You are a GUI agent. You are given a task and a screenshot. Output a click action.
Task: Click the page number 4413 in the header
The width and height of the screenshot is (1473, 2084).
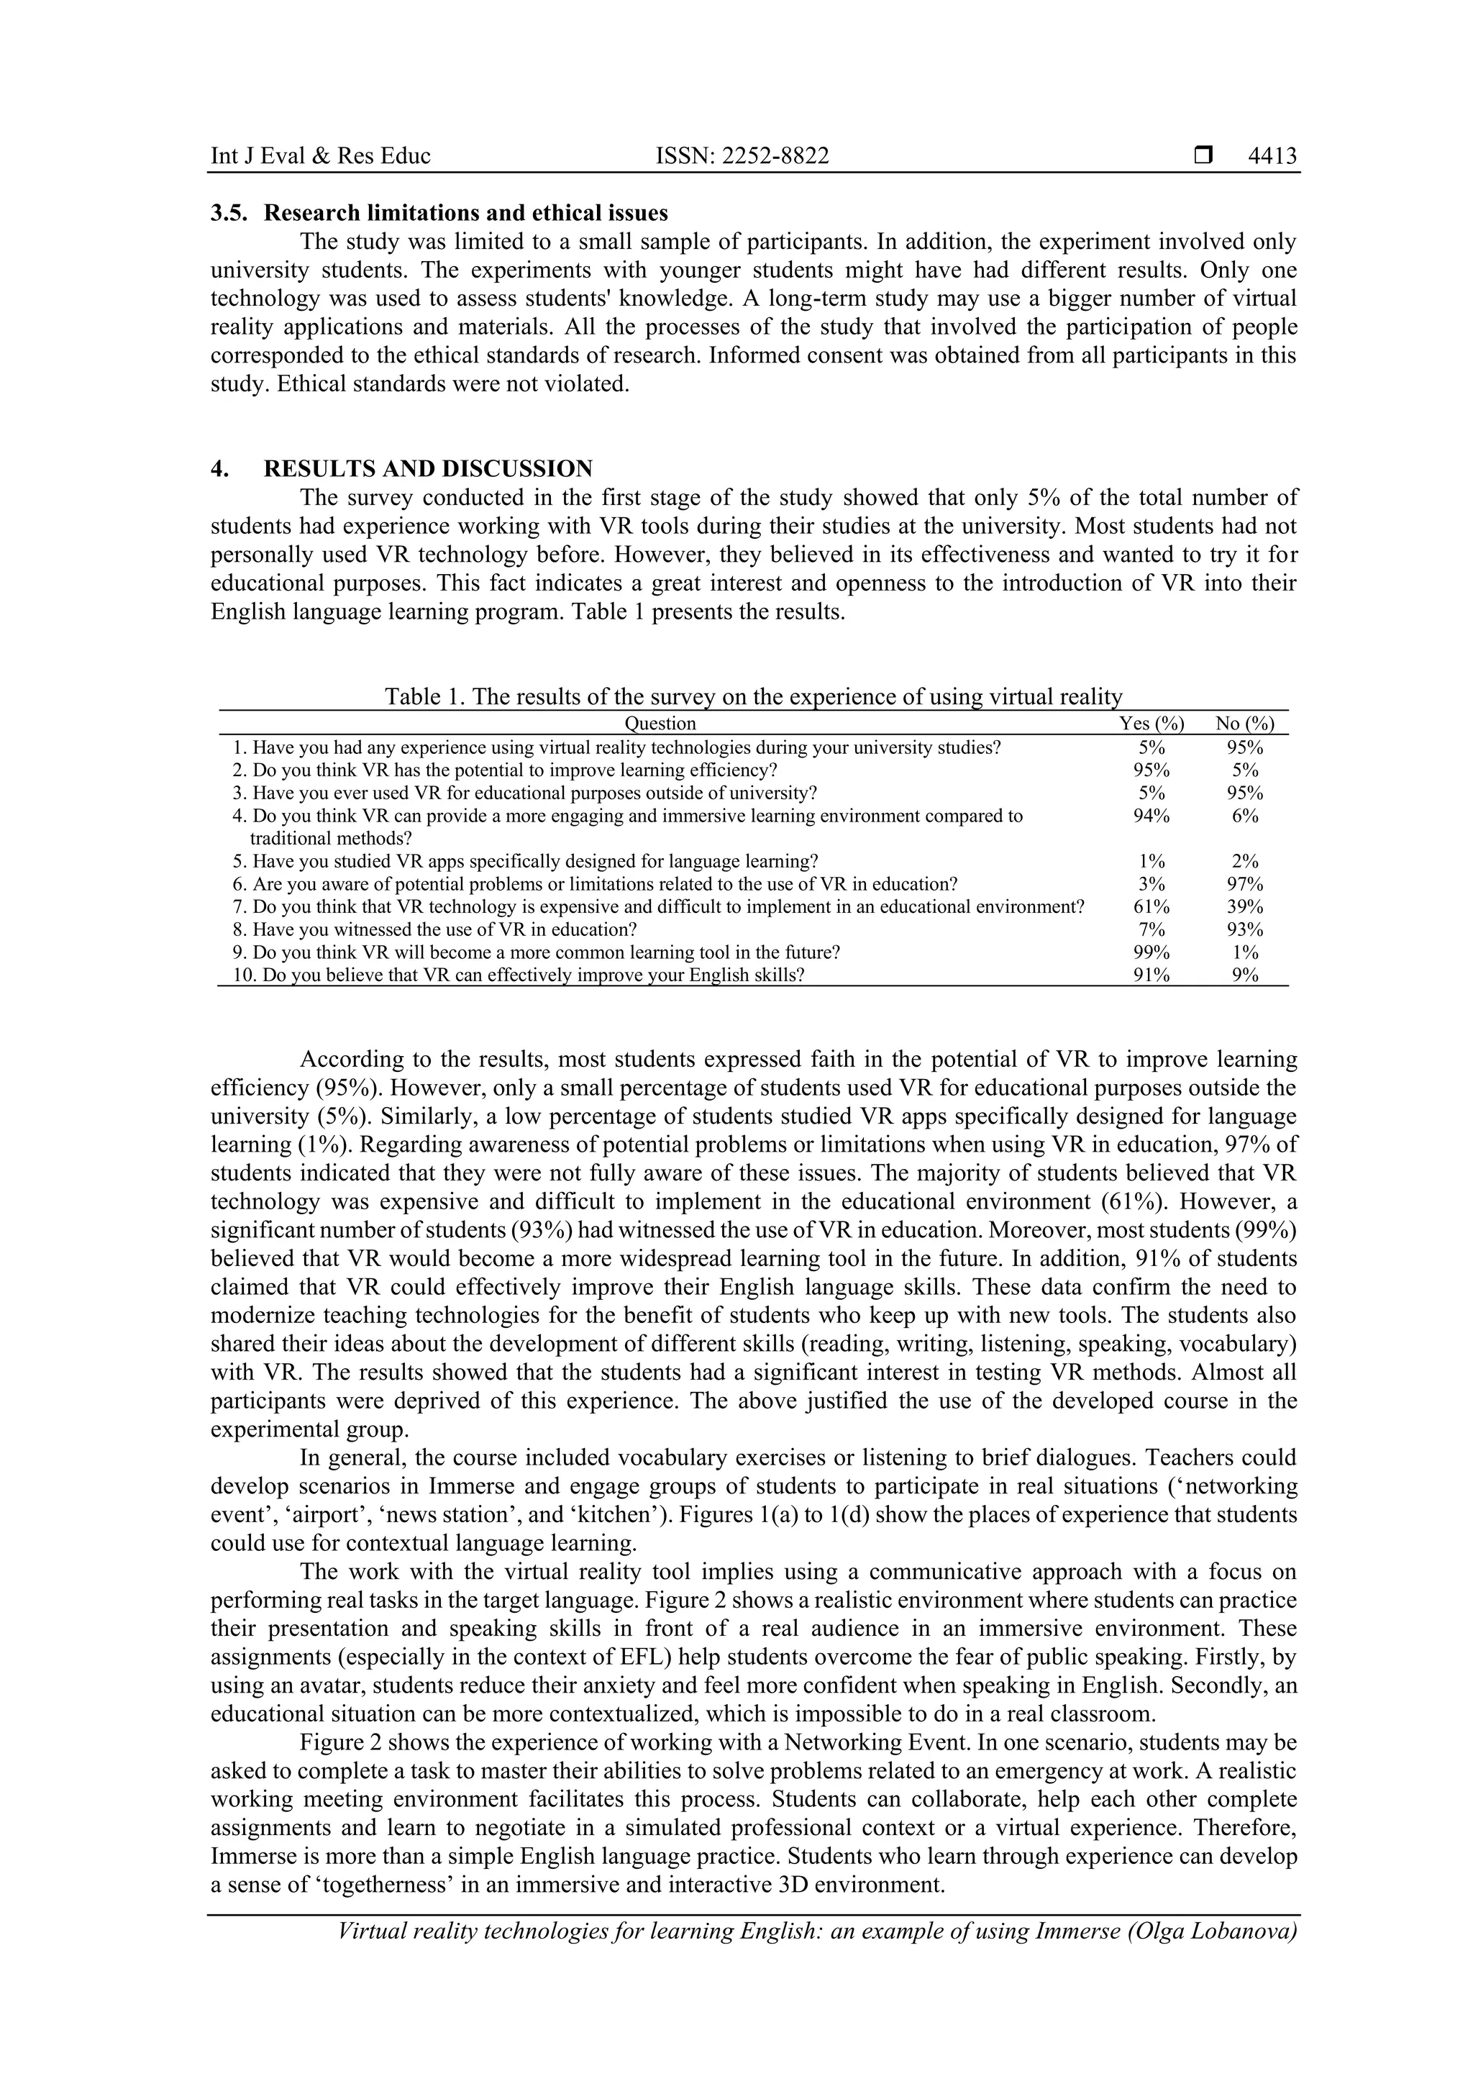tap(1272, 156)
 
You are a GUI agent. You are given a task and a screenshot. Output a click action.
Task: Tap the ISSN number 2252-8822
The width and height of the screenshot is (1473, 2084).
tap(742, 156)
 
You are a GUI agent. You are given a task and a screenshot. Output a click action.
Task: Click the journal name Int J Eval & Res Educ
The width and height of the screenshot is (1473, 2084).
tap(320, 156)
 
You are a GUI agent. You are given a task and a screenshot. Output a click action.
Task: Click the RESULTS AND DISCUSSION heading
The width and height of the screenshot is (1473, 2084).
tap(427, 468)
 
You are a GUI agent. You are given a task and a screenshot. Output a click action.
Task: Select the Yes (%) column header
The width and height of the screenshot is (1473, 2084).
tap(1152, 724)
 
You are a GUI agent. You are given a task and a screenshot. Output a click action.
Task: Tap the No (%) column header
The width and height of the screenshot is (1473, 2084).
tap(1245, 724)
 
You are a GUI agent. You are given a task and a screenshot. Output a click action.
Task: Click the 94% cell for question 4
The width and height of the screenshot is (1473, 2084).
tap(1152, 816)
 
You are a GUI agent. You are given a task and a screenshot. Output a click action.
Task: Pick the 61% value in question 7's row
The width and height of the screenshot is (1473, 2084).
tap(1152, 906)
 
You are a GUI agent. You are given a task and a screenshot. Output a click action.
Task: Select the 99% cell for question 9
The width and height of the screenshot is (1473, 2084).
tap(1152, 952)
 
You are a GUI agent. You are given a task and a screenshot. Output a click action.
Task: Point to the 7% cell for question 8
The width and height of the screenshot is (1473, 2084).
tap(1152, 929)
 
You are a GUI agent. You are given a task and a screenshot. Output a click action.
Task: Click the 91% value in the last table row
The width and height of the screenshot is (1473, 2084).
tap(1152, 975)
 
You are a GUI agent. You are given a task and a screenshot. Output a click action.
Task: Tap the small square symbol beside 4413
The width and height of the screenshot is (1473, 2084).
tap(1203, 156)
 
